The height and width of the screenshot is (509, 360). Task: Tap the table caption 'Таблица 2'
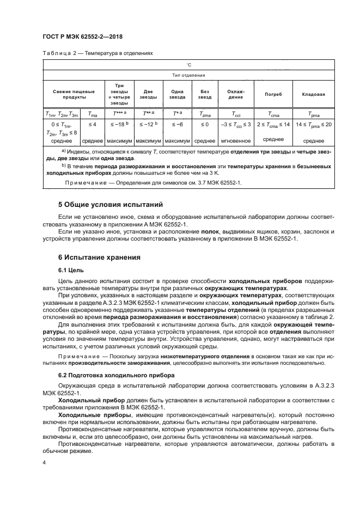tap(53, 54)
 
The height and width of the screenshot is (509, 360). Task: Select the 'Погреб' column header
tap(272, 94)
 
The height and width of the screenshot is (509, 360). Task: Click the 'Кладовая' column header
tap(313, 94)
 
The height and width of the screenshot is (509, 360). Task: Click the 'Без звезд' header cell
tap(205, 94)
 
